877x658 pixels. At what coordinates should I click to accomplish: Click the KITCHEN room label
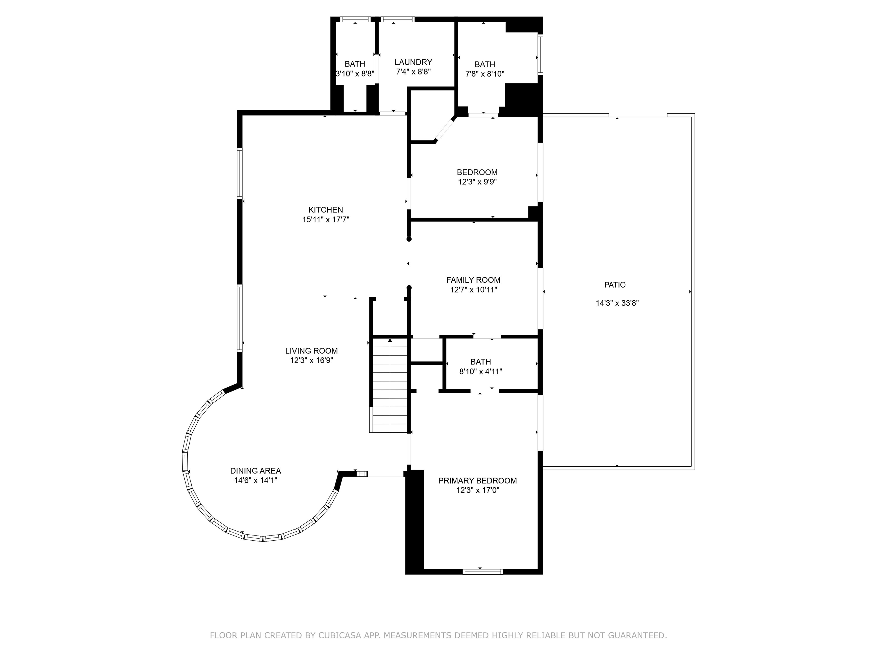click(x=325, y=210)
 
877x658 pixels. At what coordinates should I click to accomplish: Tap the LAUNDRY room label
click(x=413, y=62)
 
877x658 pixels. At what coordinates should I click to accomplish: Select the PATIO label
click(x=615, y=285)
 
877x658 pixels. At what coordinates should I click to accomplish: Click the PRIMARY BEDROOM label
click(x=477, y=481)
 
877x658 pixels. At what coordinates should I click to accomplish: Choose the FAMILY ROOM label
click(x=473, y=280)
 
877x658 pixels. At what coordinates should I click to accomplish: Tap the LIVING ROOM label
click(x=311, y=351)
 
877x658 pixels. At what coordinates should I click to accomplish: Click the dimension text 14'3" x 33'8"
click(x=617, y=303)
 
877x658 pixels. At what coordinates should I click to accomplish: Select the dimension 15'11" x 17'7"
click(x=325, y=219)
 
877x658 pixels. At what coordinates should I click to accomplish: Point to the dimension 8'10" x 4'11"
click(x=480, y=372)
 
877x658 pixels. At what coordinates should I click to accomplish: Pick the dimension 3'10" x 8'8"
click(x=355, y=73)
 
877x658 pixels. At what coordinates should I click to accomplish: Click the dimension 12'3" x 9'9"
click(x=477, y=182)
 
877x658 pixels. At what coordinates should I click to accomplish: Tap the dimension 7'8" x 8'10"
click(x=484, y=74)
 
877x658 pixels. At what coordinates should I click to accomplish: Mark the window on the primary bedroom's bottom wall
click(x=483, y=571)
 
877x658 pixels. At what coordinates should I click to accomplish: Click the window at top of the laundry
click(x=398, y=19)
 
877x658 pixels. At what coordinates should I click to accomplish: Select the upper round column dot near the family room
click(x=409, y=239)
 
